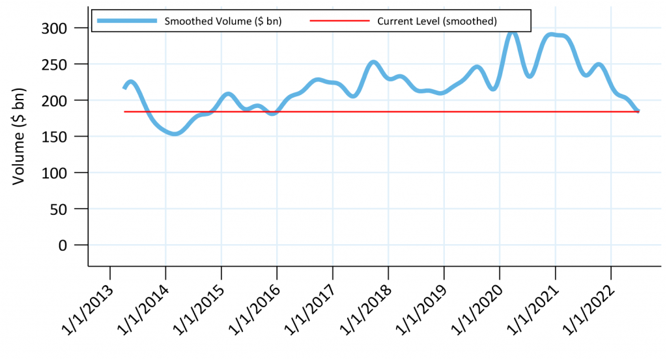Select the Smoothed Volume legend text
click(x=223, y=21)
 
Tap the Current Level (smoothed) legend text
click(x=437, y=21)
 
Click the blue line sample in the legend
click(x=127, y=21)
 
